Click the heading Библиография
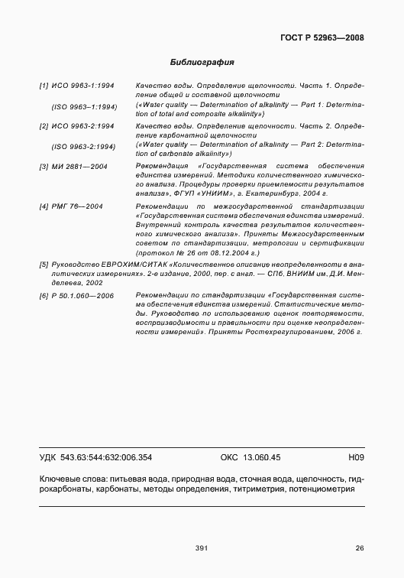point(202,61)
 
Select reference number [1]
point(44,87)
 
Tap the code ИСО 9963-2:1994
point(83,125)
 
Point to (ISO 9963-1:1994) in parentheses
point(83,106)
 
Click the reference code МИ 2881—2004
point(80,166)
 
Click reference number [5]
point(44,264)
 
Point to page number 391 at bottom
point(202,547)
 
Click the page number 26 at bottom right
point(360,547)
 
